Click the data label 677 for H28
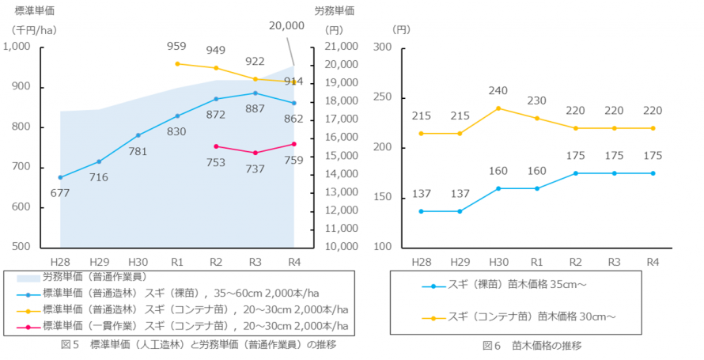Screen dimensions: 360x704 pyautogui.click(x=60, y=192)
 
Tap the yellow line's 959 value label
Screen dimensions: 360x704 pyautogui.click(x=177, y=47)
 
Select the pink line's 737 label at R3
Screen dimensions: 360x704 pyautogui.click(x=255, y=169)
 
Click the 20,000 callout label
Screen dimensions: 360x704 pyautogui.click(x=286, y=25)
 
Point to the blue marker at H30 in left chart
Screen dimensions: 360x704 pyautogui.click(x=138, y=135)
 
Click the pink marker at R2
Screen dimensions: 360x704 pyautogui.click(x=216, y=146)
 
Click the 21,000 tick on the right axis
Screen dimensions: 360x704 pyautogui.click(x=341, y=47)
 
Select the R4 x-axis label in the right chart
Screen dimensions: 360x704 pyautogui.click(x=653, y=261)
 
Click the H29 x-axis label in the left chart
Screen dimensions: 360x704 pyautogui.click(x=99, y=261)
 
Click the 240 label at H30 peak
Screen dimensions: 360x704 pyautogui.click(x=498, y=91)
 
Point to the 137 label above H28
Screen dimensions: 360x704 pyautogui.click(x=421, y=195)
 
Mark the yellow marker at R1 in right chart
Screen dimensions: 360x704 pyautogui.click(x=537, y=118)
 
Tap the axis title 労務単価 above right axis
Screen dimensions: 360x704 pyautogui.click(x=335, y=11)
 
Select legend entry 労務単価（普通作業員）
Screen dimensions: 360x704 pyautogui.click(x=95, y=277)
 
